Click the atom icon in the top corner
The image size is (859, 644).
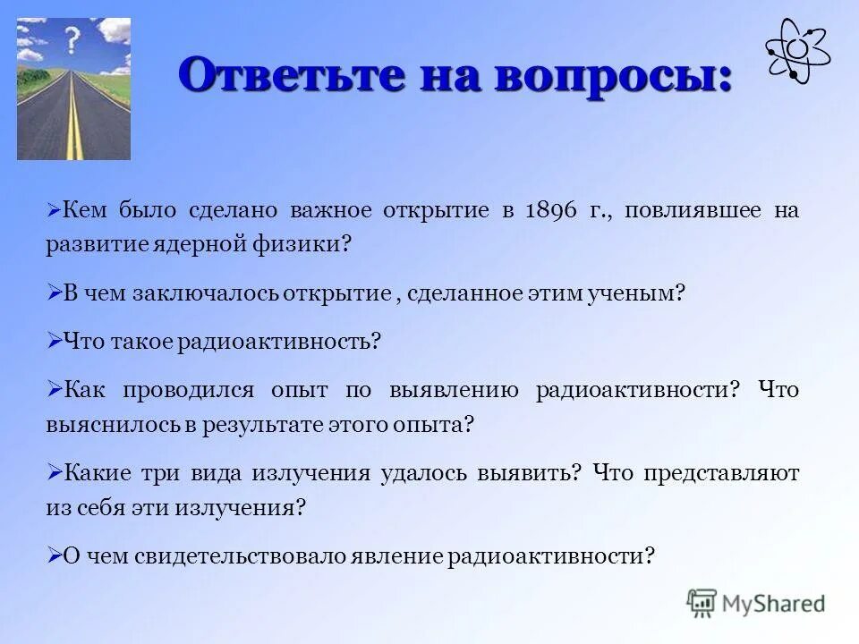(798, 52)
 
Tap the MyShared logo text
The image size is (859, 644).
(773, 603)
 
